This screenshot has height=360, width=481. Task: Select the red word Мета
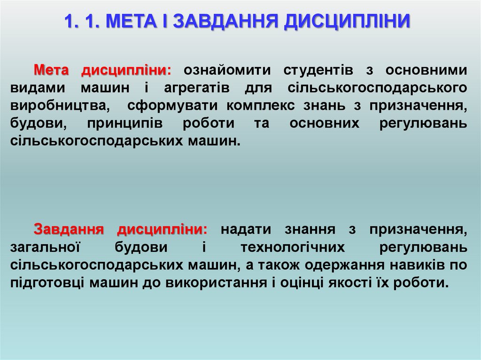click(52, 70)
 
